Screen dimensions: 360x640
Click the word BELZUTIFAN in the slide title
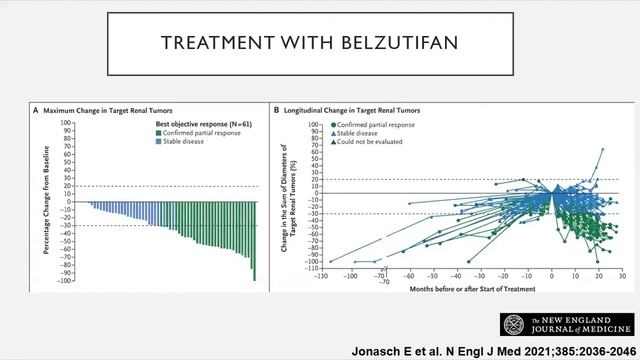pos(391,44)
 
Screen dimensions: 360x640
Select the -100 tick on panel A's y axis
pos(65,280)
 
